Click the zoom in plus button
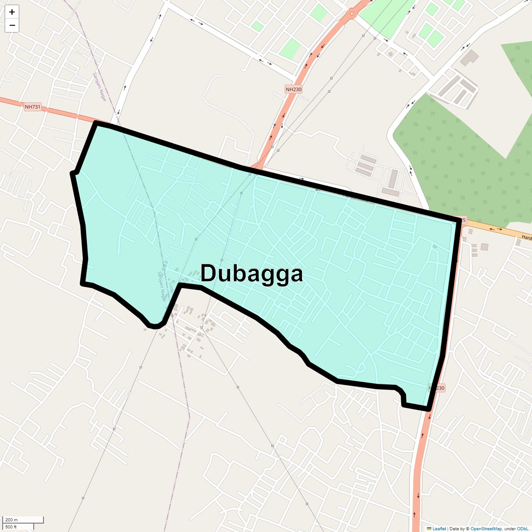point(12,12)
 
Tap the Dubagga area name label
point(251,274)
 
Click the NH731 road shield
point(32,107)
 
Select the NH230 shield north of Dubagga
point(293,90)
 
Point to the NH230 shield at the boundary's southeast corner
point(437,388)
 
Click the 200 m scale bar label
point(12,520)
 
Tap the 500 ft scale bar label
point(11,527)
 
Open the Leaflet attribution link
point(439,528)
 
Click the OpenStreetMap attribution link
point(486,528)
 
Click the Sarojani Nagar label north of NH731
point(100,87)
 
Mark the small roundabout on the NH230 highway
point(352,14)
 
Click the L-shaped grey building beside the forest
point(470,57)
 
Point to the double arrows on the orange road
point(496,229)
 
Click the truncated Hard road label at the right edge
point(526,238)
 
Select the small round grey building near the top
point(391,54)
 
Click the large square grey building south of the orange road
point(484,246)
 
